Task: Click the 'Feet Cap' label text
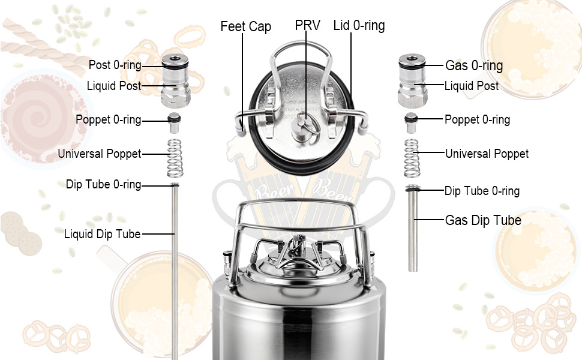coord(245,26)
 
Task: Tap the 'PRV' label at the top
coord(307,26)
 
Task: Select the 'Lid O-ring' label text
coord(359,26)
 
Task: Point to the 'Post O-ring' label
coord(115,65)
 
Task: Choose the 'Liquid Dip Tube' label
coord(102,234)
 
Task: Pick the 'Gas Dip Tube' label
coord(482,220)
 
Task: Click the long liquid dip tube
coord(175,270)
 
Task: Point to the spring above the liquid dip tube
coord(174,157)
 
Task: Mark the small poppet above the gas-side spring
coord(412,120)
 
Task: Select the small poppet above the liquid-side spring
coord(174,120)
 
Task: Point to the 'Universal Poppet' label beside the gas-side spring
coord(487,154)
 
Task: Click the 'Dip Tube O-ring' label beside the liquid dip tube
coord(104,185)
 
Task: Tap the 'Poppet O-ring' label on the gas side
coord(477,119)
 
